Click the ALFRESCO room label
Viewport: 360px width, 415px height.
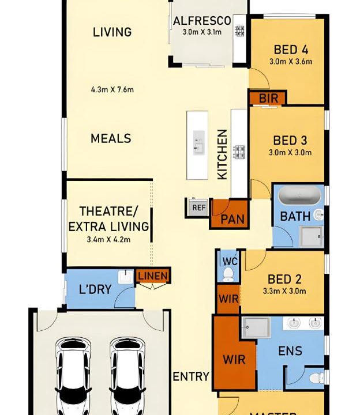pyautogui.click(x=202, y=21)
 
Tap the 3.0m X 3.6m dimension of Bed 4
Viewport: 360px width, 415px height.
pyautogui.click(x=291, y=62)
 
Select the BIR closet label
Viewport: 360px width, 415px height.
pyautogui.click(x=268, y=99)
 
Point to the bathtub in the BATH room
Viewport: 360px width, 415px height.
pyautogui.click(x=299, y=195)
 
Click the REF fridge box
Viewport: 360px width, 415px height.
pyautogui.click(x=199, y=207)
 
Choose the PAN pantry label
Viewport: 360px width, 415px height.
pyautogui.click(x=232, y=219)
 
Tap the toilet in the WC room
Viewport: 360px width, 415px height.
pyautogui.click(x=227, y=274)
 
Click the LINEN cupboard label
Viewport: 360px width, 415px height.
pyautogui.click(x=153, y=276)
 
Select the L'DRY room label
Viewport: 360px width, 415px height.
pyautogui.click(x=95, y=289)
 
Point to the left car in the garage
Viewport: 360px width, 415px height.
pyautogui.click(x=73, y=376)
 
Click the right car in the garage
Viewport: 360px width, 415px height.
pyautogui.click(x=127, y=376)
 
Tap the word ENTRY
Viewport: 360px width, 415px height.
pyautogui.click(x=191, y=376)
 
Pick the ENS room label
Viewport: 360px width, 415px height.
pyautogui.click(x=290, y=351)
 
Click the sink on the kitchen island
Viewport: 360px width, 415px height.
pyautogui.click(x=198, y=142)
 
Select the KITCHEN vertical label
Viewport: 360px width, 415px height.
pyautogui.click(x=222, y=154)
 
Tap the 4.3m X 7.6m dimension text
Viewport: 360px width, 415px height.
pyautogui.click(x=112, y=89)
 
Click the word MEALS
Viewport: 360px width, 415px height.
pyautogui.click(x=111, y=138)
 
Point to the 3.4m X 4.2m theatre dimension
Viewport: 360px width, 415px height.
pyautogui.click(x=108, y=240)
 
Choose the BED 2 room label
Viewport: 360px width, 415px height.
pyautogui.click(x=284, y=279)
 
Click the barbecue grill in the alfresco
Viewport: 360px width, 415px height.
pyautogui.click(x=240, y=31)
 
